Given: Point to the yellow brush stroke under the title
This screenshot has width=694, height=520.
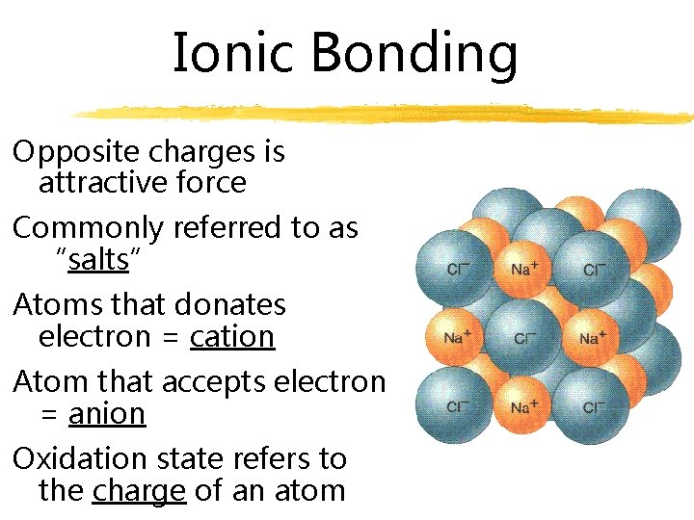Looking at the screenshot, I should pyautogui.click(x=386, y=115).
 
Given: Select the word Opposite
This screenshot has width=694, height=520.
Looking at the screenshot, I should pyautogui.click(x=66, y=152).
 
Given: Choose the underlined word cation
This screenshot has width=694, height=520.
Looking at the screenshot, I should pyautogui.click(x=232, y=337).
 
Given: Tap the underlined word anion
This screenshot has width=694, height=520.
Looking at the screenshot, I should pyautogui.click(x=107, y=413).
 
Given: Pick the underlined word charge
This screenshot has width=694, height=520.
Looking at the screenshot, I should pyautogui.click(x=139, y=490).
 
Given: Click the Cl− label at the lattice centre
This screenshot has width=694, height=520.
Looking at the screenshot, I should pyautogui.click(x=525, y=338).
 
